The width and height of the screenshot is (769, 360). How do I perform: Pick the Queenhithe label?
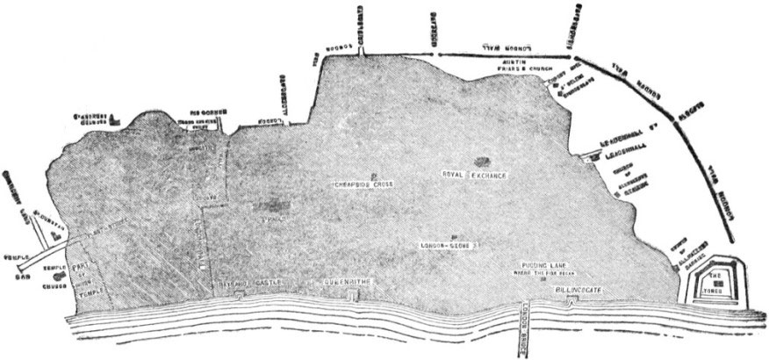coord(349,284)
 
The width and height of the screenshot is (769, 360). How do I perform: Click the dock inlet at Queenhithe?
coord(352,295)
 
